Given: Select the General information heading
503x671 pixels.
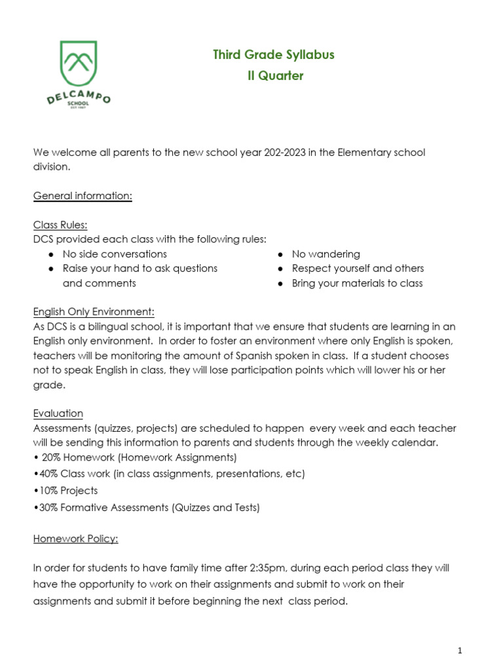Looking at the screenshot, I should point(83,196).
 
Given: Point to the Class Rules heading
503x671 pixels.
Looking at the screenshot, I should point(60,225).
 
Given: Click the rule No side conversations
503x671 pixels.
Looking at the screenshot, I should point(115,254).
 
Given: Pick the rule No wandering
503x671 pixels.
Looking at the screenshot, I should point(326,254).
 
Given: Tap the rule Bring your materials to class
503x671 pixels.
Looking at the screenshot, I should point(357,283).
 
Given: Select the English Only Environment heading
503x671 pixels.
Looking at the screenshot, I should point(94,312).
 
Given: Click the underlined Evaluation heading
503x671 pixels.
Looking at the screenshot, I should point(58,413).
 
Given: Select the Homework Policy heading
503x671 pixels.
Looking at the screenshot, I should point(76,539).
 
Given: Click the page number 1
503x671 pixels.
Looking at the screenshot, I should point(460,651).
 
